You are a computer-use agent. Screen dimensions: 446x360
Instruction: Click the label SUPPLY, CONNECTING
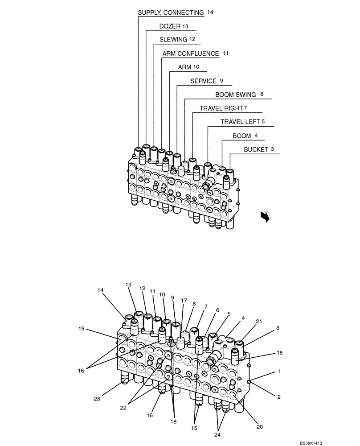[171, 12]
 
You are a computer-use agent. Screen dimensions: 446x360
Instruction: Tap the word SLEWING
[173, 39]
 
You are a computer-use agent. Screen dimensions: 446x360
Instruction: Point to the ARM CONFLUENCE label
[191, 54]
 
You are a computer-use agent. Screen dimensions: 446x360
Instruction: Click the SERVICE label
[203, 81]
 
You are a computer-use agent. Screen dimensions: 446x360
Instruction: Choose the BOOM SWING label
[236, 95]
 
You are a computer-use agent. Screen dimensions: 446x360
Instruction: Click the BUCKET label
[256, 149]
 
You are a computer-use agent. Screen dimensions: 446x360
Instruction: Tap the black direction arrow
[266, 216]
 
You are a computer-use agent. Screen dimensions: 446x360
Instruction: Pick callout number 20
[259, 427]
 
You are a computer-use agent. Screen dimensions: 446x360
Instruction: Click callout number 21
[259, 322]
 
